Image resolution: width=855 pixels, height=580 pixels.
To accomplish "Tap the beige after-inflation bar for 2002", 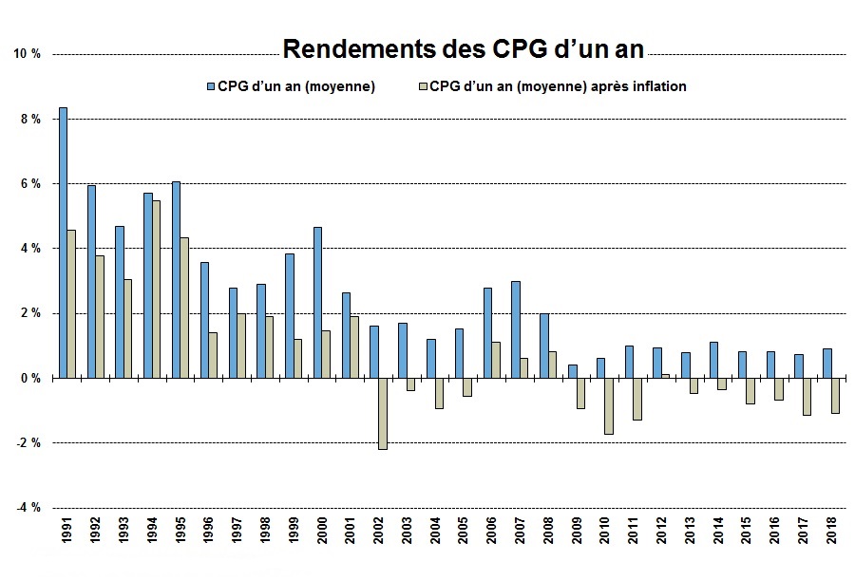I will click(x=383, y=413).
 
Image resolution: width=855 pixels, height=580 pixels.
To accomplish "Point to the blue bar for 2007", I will click(x=515, y=329).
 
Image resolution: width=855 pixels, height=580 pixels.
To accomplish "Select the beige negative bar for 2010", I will click(x=609, y=405).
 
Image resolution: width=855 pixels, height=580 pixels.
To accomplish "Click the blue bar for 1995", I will click(x=176, y=279).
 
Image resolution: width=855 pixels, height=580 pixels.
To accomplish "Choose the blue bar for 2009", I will click(x=572, y=371).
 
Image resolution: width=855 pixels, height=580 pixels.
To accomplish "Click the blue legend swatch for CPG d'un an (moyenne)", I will click(x=211, y=86).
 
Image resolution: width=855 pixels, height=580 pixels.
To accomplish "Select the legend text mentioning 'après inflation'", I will click(x=558, y=86).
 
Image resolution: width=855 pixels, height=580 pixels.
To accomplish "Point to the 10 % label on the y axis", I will click(x=28, y=54).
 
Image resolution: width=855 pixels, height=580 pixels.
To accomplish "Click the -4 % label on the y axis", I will click(x=27, y=507).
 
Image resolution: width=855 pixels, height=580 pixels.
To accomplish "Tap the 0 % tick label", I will click(x=30, y=378).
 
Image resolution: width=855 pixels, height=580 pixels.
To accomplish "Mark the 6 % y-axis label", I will click(x=30, y=184).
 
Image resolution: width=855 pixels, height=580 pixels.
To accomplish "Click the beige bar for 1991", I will click(x=71, y=304).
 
